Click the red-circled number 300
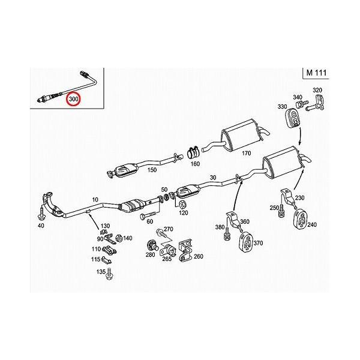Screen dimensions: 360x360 (x=73, y=99)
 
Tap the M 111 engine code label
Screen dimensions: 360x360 (x=316, y=73)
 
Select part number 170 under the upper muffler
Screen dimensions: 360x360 (x=247, y=153)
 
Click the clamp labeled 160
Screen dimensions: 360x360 (x=193, y=152)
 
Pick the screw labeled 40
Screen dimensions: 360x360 (x=41, y=213)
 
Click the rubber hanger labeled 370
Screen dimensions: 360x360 (x=246, y=242)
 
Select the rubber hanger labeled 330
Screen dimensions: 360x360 (x=293, y=118)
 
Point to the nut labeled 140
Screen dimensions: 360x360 (x=119, y=238)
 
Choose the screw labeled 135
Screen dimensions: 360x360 (x=109, y=274)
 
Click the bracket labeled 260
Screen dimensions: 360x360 (x=186, y=251)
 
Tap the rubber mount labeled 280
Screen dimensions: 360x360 (x=152, y=245)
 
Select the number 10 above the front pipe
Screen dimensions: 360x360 (x=95, y=200)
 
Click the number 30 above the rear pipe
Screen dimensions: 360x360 (x=213, y=178)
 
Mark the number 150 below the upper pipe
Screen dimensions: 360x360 (x=152, y=170)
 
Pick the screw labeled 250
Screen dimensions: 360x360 (x=281, y=211)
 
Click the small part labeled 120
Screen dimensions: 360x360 (x=183, y=203)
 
